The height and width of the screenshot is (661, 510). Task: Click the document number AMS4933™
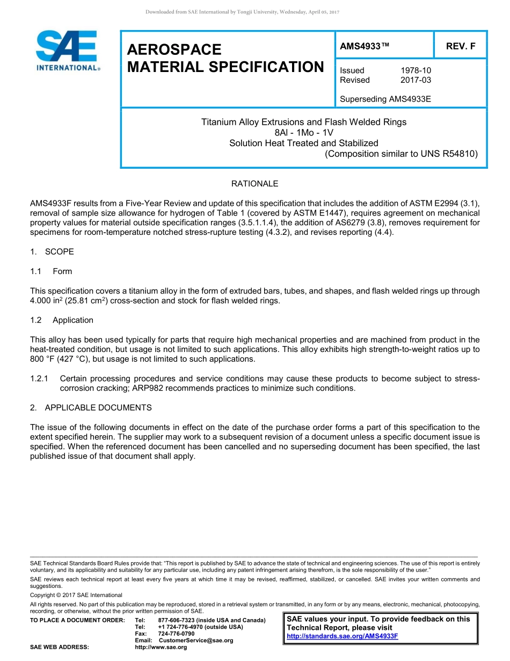(x=365, y=46)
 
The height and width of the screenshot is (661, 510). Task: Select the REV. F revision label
(x=461, y=46)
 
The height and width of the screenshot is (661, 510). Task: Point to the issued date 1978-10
(x=416, y=70)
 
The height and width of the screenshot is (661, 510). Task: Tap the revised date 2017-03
(x=416, y=80)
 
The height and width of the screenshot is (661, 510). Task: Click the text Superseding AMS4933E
(x=385, y=99)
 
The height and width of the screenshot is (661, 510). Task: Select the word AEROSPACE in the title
(x=174, y=50)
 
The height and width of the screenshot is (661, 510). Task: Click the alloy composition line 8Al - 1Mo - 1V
(x=303, y=133)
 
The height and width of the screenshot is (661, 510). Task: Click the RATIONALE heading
(x=254, y=184)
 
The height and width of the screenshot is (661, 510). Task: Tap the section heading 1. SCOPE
(x=52, y=252)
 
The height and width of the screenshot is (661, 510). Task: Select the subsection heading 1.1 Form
(x=51, y=271)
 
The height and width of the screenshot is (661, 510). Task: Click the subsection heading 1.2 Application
(x=62, y=320)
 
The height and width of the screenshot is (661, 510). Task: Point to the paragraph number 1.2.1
(x=40, y=379)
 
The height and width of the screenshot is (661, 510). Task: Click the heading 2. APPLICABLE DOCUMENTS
(x=91, y=408)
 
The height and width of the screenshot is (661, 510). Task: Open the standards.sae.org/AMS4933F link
(x=343, y=636)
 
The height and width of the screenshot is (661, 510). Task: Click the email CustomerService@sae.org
(x=196, y=641)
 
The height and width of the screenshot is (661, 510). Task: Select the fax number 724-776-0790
(x=177, y=634)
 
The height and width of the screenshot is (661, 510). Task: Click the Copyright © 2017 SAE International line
(x=76, y=595)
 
